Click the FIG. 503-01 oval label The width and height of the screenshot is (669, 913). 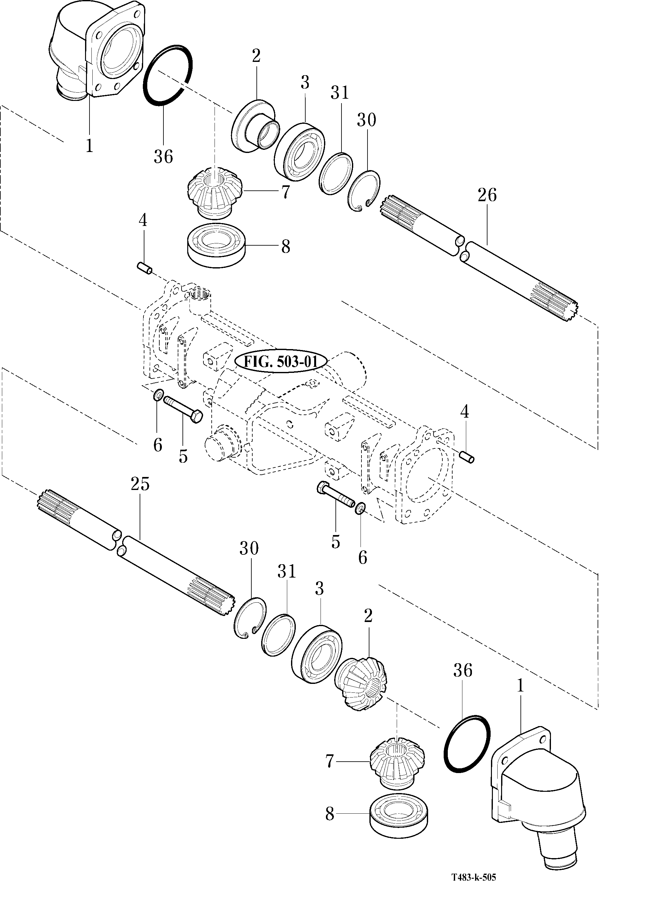coord(280,361)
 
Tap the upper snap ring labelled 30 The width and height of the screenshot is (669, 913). coord(364,191)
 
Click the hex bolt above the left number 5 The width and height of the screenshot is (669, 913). coord(183,410)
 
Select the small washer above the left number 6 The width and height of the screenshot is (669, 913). coord(158,394)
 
